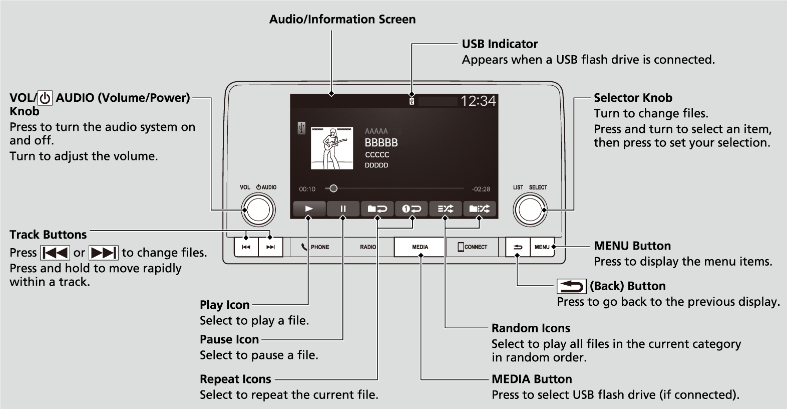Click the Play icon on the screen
pos(309,209)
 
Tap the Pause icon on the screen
pos(343,209)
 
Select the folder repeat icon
pos(377,209)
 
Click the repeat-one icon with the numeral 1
pos(411,209)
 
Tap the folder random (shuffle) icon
pos(479,209)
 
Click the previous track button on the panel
pos(246,247)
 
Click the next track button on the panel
pos(270,247)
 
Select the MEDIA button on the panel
pos(420,247)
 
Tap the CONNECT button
pos(472,247)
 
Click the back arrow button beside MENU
pos(517,247)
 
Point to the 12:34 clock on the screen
pos(478,101)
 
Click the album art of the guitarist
pos(331,148)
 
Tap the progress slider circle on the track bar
pos(333,189)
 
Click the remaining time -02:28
pos(481,189)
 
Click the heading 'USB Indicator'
pos(499,44)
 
